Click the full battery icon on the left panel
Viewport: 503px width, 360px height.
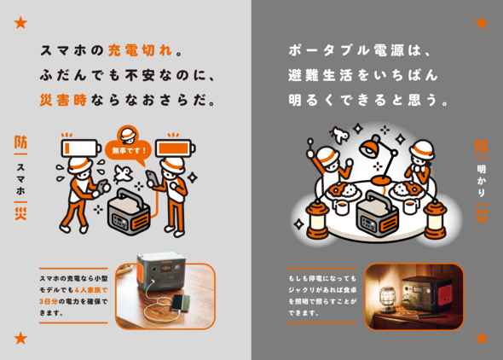click(x=177, y=144)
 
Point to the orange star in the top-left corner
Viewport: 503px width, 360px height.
click(x=20, y=22)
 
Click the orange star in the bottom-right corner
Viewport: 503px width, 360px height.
click(x=482, y=338)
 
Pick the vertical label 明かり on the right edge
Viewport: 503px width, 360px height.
click(x=482, y=179)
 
